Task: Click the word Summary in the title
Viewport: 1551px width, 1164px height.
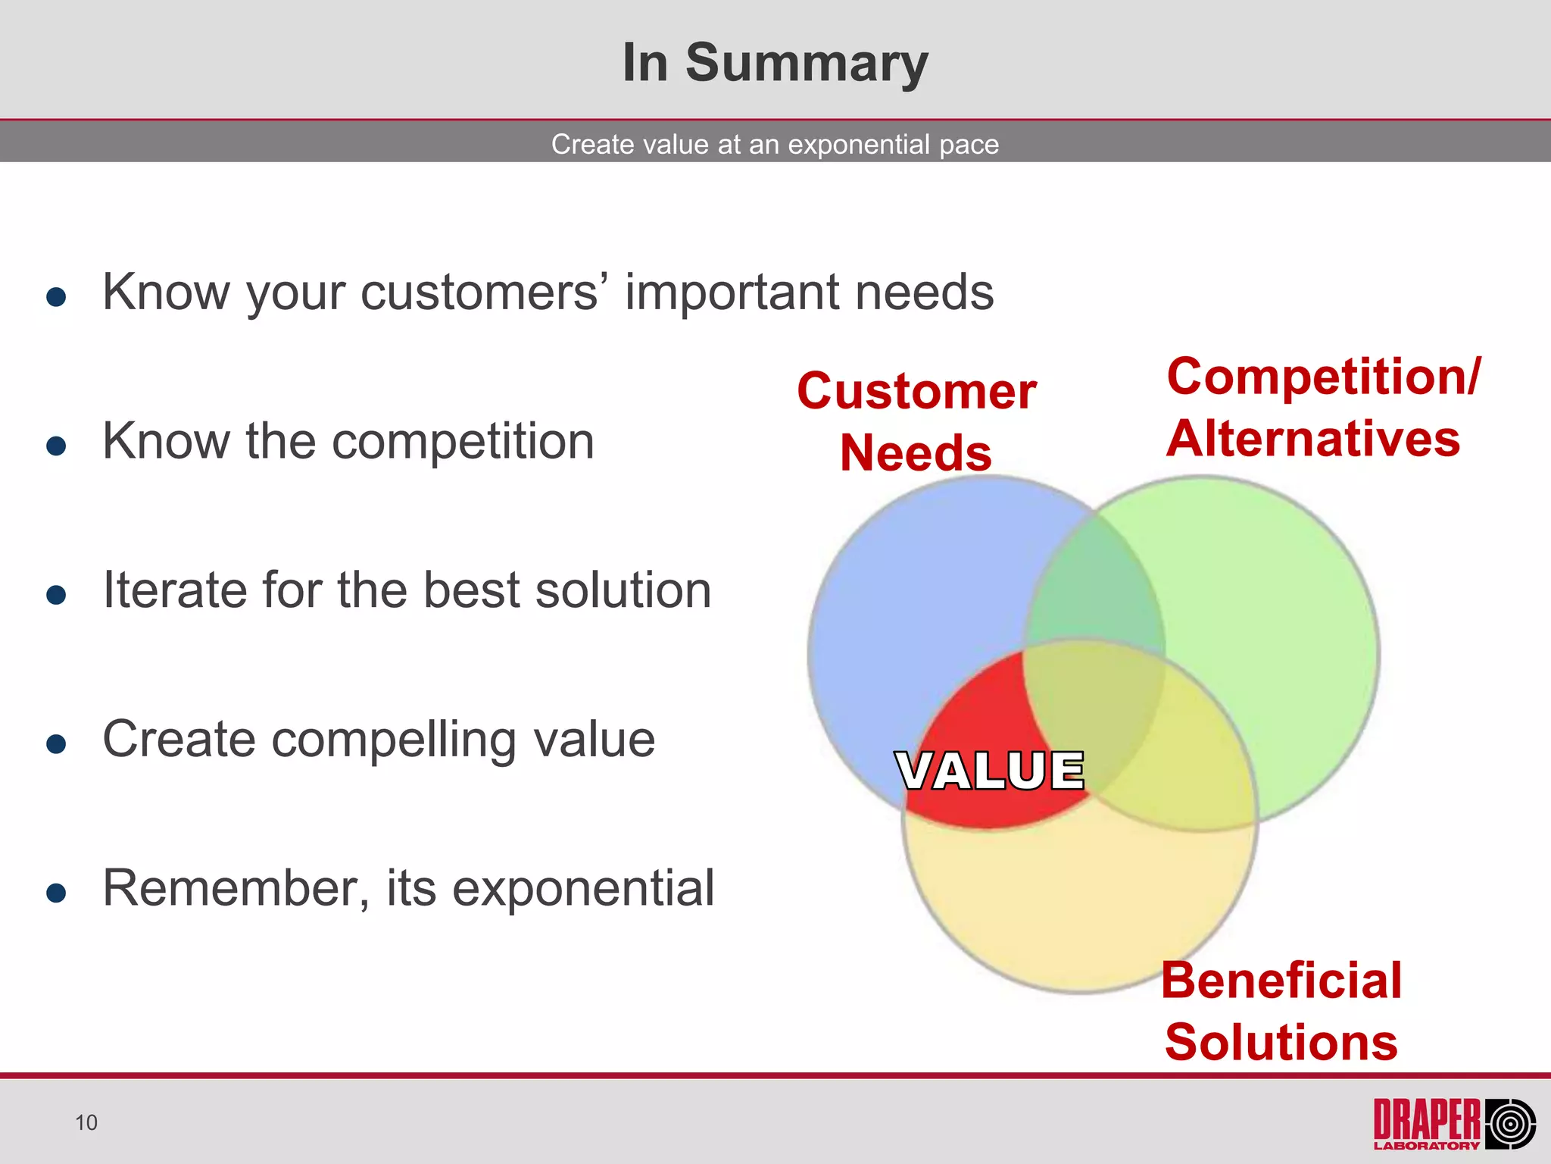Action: pos(807,64)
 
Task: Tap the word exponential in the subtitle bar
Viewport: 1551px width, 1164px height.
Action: pos(859,144)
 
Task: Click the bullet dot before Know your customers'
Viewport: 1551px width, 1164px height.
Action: pos(56,296)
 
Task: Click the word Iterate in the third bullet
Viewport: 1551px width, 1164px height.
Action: pos(174,590)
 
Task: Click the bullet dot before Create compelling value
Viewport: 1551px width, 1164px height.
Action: pos(56,743)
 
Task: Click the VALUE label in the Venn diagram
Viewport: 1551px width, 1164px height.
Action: pos(989,771)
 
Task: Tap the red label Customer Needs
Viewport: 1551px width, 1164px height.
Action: pos(916,421)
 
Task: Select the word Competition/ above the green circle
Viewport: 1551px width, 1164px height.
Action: pos(1323,377)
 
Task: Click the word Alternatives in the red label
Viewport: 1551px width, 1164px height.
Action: pos(1312,439)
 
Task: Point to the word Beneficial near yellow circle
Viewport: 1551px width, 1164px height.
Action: pos(1281,981)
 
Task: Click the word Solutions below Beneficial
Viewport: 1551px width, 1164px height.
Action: pos(1281,1043)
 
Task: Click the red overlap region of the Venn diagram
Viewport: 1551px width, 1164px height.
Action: pos(977,712)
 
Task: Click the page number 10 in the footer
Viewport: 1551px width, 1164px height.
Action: pos(86,1122)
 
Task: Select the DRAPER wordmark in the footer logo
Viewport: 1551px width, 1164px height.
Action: pos(1427,1119)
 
